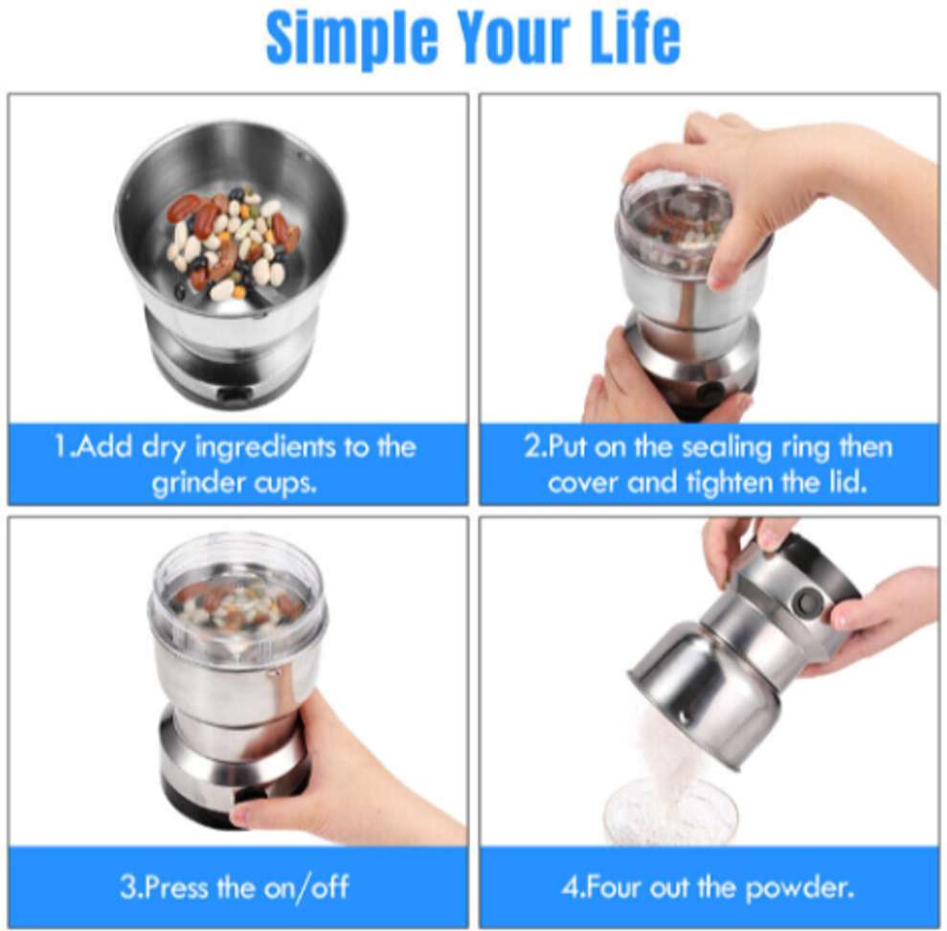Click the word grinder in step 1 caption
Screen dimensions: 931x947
[195, 482]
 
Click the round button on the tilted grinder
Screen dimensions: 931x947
[808, 602]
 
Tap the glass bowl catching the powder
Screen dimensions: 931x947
[670, 814]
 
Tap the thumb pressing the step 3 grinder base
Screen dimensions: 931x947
[251, 814]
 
